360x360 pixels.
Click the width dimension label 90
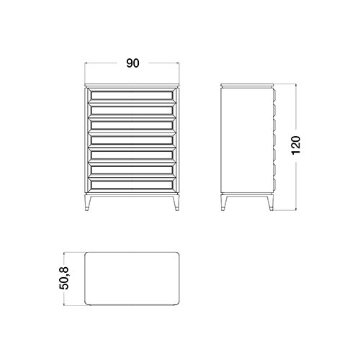pyautogui.click(x=132, y=63)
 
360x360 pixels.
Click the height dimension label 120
pyautogui.click(x=296, y=145)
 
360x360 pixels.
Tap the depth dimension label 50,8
pyautogui.click(x=64, y=278)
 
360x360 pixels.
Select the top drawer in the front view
pyautogui.click(x=132, y=95)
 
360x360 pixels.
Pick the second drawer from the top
pyautogui.click(x=132, y=110)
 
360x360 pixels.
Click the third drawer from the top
pyautogui.click(x=132, y=125)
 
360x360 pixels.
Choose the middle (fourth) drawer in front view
pyautogui.click(x=132, y=140)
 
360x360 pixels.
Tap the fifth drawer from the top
pyautogui.click(x=132, y=155)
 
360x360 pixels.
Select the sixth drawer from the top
pyautogui.click(x=132, y=170)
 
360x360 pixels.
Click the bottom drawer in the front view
pyautogui.click(x=132, y=184)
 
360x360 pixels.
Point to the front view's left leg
pyautogui.click(x=88, y=203)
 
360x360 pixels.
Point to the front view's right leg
pyautogui.click(x=176, y=203)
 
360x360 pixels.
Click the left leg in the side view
pyautogui.click(x=224, y=203)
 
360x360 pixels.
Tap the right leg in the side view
pyautogui.click(x=270, y=203)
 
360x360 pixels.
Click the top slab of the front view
pyautogui.click(x=132, y=85)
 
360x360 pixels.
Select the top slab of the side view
pyautogui.click(x=247, y=85)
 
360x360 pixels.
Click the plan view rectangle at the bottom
pyautogui.click(x=132, y=279)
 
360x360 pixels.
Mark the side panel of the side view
pyautogui.click(x=247, y=140)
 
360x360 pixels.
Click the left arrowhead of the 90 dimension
pyautogui.click(x=86, y=63)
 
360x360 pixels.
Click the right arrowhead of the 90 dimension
pyautogui.click(x=178, y=63)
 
